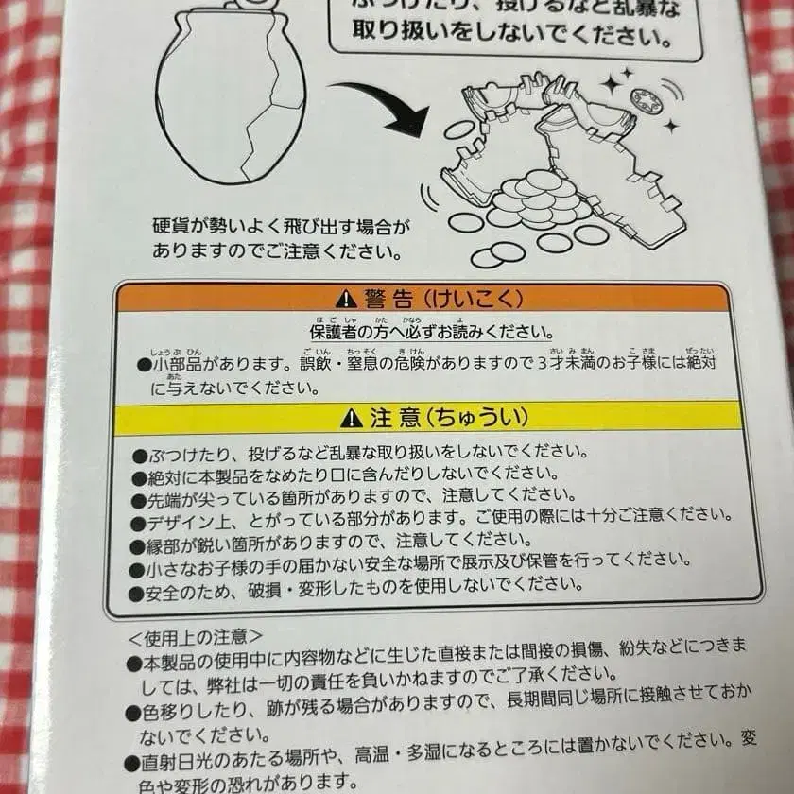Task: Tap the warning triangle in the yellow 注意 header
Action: pos(351,417)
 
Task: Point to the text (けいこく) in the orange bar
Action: pos(466,301)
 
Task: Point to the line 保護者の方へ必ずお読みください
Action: pos(431,333)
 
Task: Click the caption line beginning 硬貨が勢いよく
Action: pos(283,227)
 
